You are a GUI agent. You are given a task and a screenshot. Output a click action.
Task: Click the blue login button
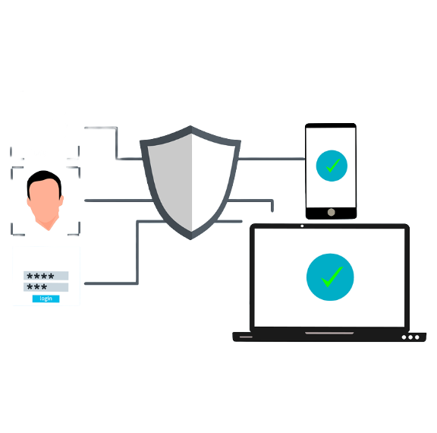[x=46, y=299]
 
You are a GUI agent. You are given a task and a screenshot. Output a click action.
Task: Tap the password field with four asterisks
[x=46, y=276]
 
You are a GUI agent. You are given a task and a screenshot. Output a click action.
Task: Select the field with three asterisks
[x=46, y=287]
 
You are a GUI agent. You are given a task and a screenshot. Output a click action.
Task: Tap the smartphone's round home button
[x=331, y=212]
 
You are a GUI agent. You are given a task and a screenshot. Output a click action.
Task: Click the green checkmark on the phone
[x=332, y=166]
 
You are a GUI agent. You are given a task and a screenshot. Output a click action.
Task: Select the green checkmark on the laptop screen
[x=332, y=277]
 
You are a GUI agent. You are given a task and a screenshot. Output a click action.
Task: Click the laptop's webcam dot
[x=302, y=226]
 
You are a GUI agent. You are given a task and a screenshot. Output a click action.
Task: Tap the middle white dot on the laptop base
[x=410, y=337]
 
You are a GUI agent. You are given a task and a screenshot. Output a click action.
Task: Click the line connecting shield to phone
[x=272, y=159]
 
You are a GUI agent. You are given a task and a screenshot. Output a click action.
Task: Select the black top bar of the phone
[x=331, y=125]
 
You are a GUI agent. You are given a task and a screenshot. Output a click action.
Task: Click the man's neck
[x=48, y=223]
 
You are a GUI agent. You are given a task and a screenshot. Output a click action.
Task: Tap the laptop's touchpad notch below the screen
[x=329, y=333]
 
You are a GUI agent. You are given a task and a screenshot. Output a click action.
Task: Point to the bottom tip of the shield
[x=191, y=239]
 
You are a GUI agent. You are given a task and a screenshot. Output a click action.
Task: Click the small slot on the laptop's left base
[x=246, y=337]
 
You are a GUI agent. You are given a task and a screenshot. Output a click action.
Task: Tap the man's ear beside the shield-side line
[x=61, y=201]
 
